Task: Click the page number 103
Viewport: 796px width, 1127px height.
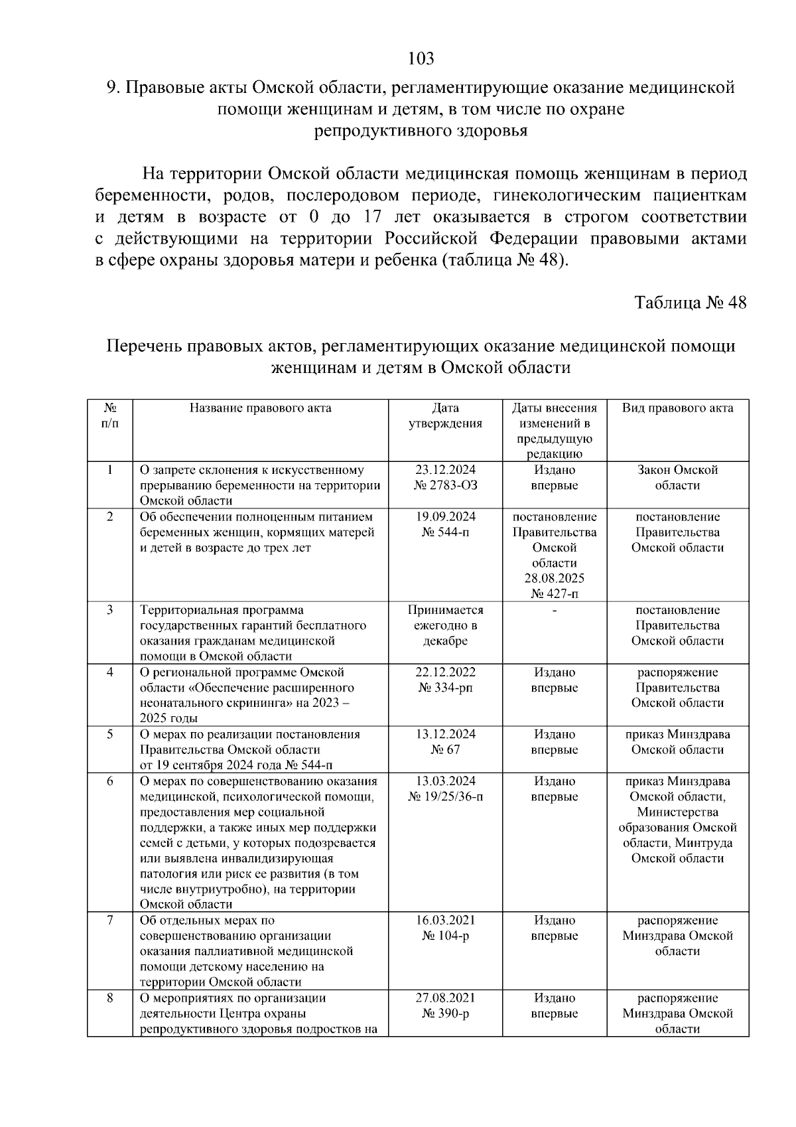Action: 421,59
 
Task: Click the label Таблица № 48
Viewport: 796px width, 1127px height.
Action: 690,303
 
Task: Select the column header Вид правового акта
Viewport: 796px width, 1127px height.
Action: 677,408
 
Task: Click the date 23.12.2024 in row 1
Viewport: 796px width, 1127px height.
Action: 445,470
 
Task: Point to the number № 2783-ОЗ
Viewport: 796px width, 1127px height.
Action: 445,485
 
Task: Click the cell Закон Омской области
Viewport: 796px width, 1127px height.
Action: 677,477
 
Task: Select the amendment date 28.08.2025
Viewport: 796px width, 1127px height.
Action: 555,578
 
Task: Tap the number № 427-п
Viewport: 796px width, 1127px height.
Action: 555,593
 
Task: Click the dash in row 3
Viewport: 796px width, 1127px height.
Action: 555,610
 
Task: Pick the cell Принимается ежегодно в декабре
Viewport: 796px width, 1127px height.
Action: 445,625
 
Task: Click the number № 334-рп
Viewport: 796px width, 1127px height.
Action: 445,688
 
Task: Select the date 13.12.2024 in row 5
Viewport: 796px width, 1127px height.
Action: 445,734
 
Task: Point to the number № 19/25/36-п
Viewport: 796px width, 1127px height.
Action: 445,796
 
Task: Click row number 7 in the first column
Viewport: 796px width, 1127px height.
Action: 110,921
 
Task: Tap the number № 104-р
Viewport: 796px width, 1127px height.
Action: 445,936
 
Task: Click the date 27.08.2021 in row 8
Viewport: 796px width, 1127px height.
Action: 445,998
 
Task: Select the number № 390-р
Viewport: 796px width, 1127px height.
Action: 445,1014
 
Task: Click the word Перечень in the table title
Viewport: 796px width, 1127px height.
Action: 145,346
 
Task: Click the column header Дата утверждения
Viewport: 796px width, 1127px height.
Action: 445,415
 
